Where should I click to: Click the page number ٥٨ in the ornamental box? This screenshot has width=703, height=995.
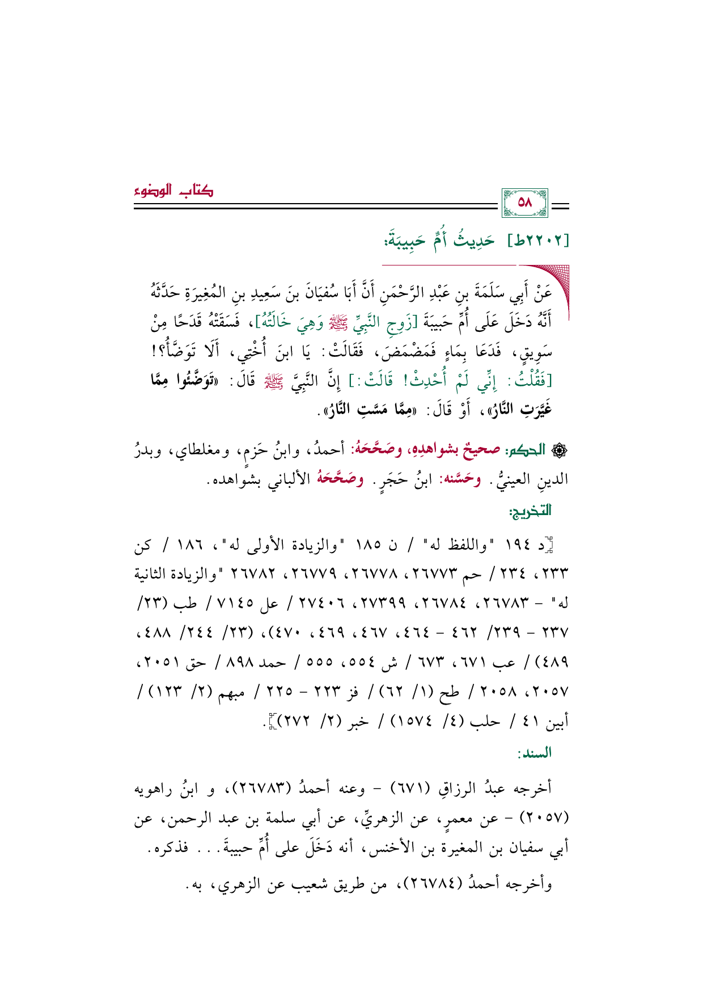(525, 203)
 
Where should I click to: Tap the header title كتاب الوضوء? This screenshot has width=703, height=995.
(174, 191)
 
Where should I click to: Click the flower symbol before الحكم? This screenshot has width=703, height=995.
(562, 450)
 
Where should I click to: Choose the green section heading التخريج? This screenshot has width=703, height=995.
(531, 511)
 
